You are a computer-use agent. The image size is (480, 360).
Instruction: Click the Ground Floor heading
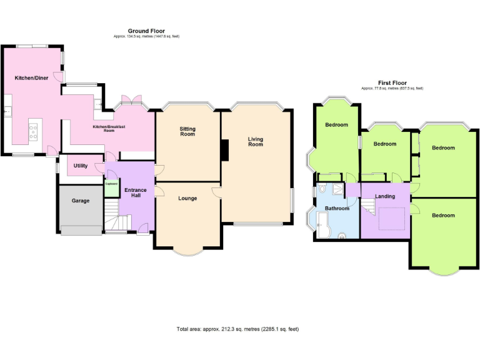(146, 31)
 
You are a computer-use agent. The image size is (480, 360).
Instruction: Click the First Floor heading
(392, 82)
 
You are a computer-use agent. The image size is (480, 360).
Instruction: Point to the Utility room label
(79, 166)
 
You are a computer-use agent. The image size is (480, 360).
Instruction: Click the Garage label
(80, 201)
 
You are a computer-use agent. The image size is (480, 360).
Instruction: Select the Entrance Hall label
(135, 192)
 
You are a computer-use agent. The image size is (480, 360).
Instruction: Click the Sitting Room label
(187, 131)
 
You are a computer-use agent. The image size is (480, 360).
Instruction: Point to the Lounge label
(187, 198)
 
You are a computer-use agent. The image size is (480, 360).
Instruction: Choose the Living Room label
(255, 141)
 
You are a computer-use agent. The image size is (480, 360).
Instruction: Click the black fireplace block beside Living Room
(224, 150)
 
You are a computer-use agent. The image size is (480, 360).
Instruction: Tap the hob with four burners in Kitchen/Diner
(34, 131)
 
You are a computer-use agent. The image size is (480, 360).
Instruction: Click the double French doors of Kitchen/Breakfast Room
(132, 100)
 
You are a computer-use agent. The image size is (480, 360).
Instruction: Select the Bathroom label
(337, 208)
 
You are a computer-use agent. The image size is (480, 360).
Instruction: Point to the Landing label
(385, 196)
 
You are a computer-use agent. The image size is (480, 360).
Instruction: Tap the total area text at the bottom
(238, 328)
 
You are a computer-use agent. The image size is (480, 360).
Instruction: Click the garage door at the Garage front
(81, 231)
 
